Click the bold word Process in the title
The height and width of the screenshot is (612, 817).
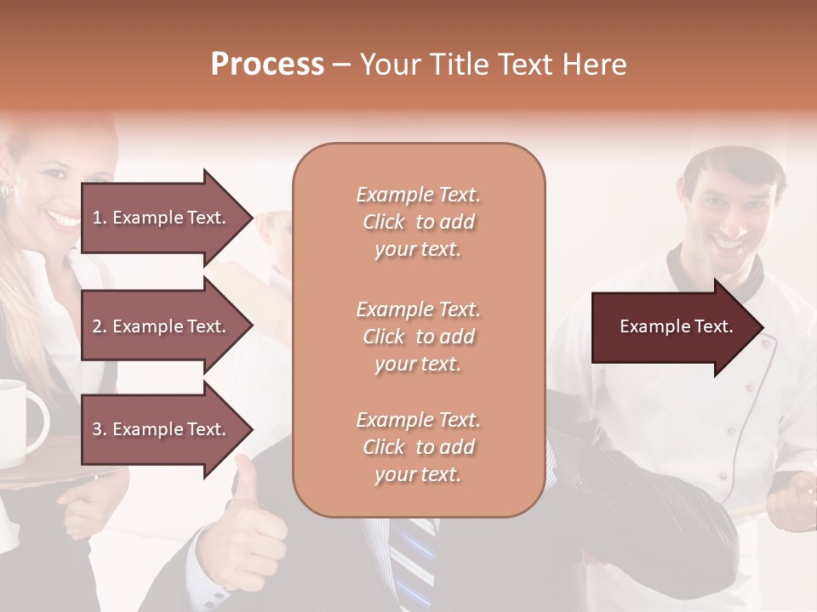point(267,65)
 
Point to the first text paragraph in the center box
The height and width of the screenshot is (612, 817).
point(418,222)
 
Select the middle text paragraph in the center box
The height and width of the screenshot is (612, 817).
point(418,337)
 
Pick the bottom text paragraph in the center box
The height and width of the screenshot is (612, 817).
point(418,447)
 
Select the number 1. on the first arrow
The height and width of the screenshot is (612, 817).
point(100,218)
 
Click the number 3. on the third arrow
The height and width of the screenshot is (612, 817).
point(100,429)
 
